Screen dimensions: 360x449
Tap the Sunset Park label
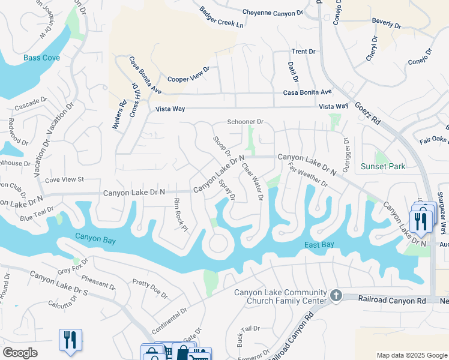click(x=383, y=166)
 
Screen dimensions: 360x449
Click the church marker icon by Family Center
click(x=336, y=296)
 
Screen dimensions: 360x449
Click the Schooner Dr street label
click(x=246, y=122)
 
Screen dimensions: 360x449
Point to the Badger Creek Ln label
click(x=222, y=18)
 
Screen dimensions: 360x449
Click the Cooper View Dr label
click(x=188, y=74)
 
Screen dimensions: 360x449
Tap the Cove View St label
click(x=64, y=179)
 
